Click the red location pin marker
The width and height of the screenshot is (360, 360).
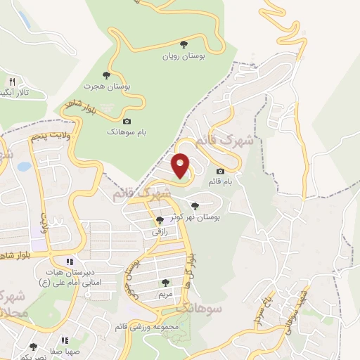181,165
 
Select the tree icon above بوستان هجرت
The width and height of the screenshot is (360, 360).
107,75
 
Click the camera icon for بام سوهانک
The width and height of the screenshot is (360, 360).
127,122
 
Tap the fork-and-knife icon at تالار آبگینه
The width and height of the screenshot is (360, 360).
11,82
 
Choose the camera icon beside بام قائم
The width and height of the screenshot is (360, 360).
220,171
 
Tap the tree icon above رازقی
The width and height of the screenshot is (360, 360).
160,220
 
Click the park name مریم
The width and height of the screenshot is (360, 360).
165,292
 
